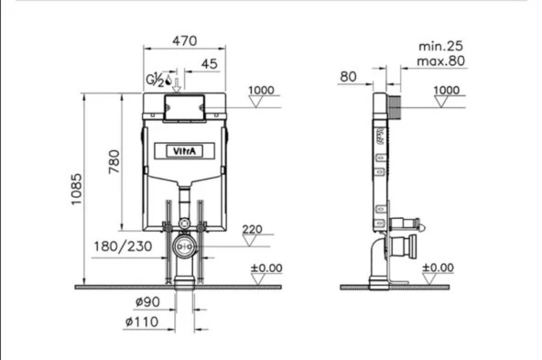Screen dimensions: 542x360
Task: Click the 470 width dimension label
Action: point(185,41)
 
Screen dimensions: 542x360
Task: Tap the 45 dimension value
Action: point(210,64)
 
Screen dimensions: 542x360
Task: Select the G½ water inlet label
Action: point(155,80)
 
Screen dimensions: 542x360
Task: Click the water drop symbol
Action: point(168,80)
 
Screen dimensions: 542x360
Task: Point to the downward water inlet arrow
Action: point(177,85)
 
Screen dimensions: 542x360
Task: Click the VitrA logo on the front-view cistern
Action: point(184,151)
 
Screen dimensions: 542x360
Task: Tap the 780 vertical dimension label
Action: point(114,161)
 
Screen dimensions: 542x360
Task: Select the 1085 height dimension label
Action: point(76,190)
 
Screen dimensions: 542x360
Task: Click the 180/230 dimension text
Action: point(123,246)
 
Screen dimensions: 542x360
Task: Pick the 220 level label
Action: point(252,229)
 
